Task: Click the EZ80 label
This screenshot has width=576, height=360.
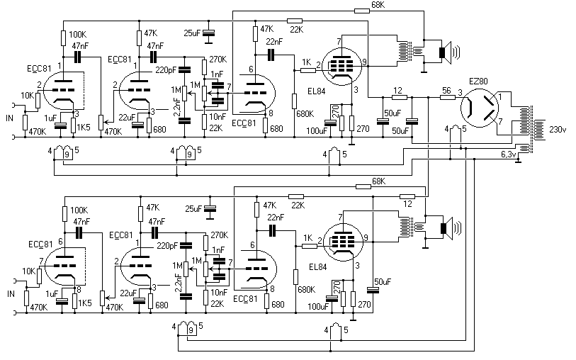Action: (478, 81)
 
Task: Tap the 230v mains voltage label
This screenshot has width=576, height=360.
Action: (558, 129)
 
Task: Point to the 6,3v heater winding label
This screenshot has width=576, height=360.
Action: (509, 154)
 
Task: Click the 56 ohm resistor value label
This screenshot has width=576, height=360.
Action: (446, 91)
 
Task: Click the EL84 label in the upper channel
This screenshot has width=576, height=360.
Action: (317, 91)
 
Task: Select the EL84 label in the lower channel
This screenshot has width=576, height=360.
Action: (318, 266)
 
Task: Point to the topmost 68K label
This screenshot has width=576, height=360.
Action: (378, 5)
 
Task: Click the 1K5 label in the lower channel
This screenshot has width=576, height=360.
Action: (84, 303)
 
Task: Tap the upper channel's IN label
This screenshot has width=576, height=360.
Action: (9, 118)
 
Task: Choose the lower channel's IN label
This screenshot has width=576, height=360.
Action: (11, 294)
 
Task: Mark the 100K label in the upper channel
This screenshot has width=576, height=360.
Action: (77, 35)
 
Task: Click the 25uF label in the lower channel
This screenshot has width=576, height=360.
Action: (193, 209)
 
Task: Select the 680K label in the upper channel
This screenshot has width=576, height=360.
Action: (305, 114)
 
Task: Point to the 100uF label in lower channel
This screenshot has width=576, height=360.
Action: (318, 306)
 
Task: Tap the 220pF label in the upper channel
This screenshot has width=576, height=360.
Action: (165, 69)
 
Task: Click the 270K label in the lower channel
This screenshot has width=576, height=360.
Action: (220, 235)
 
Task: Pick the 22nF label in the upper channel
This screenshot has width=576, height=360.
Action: (274, 42)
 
